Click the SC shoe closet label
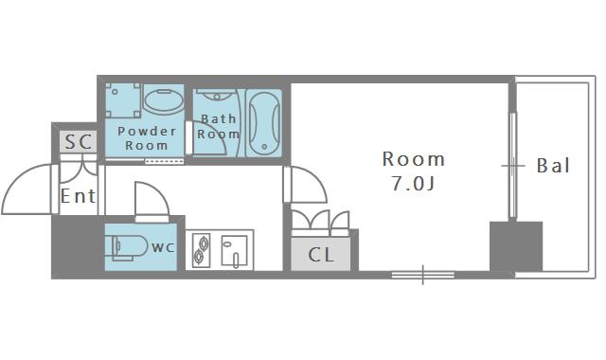click(79, 141)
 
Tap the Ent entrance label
click(78, 196)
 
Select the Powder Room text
click(147, 138)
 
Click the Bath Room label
click(219, 126)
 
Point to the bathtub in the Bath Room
click(264, 123)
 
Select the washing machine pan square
click(123, 99)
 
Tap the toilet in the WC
click(129, 246)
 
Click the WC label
click(163, 247)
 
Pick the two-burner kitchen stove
click(202, 250)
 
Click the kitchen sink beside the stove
click(234, 251)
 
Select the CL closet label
click(321, 255)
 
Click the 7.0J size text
click(413, 183)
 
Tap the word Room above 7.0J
click(413, 159)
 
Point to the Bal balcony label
click(553, 166)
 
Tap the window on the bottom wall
click(423, 275)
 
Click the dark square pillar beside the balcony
click(516, 246)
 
